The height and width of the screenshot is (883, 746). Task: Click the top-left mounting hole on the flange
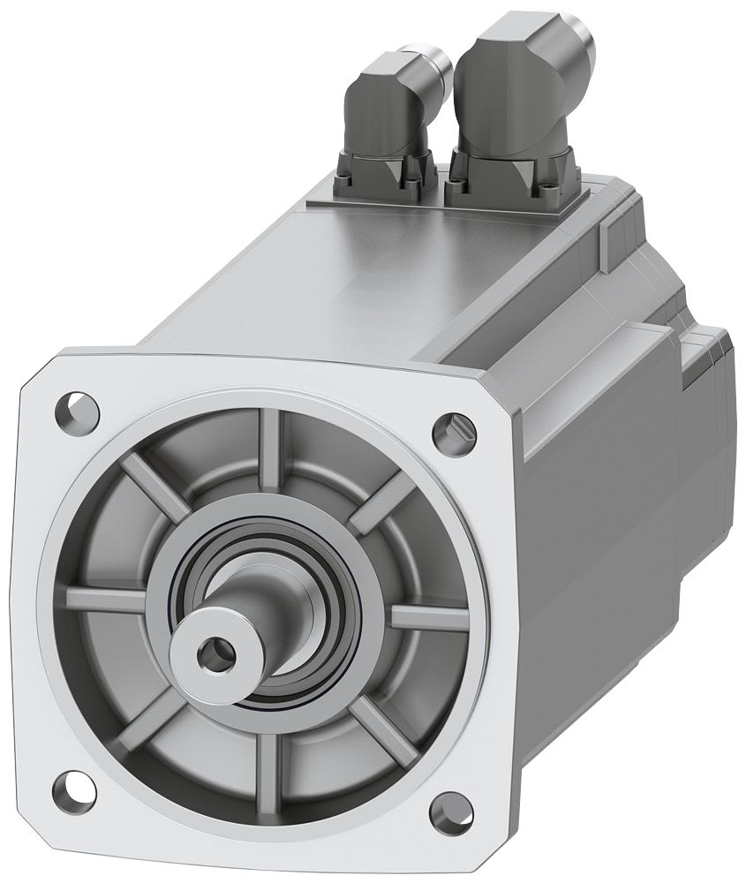[x=77, y=410]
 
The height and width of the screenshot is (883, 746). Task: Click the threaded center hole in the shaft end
[x=213, y=654]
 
